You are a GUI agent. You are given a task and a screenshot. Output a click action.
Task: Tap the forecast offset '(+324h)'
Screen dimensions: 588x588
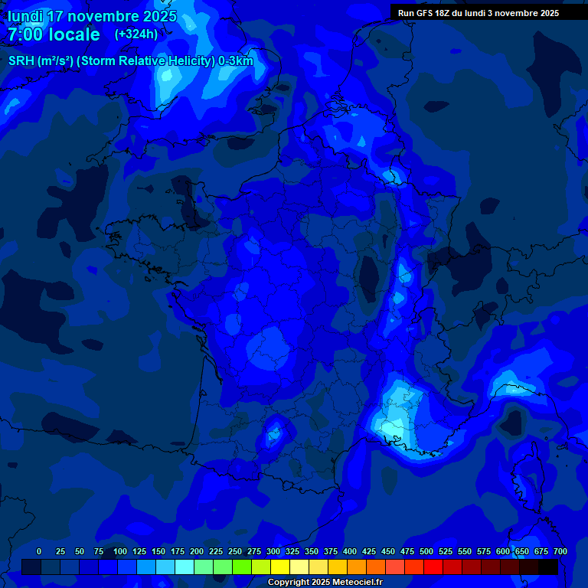click(x=136, y=34)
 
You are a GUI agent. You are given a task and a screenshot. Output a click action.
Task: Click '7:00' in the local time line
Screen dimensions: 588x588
click(x=24, y=34)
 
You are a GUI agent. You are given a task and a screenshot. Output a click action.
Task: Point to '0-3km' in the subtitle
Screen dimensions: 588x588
click(x=236, y=61)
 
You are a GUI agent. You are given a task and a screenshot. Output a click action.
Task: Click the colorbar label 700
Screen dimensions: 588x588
click(x=560, y=551)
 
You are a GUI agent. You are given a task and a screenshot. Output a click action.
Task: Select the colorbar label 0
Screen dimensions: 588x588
click(x=39, y=551)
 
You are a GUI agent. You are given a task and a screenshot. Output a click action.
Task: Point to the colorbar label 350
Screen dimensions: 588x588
click(x=312, y=551)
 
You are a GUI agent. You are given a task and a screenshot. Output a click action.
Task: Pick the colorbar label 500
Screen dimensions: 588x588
click(x=426, y=551)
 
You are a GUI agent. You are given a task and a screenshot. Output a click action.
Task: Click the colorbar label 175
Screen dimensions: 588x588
click(x=178, y=551)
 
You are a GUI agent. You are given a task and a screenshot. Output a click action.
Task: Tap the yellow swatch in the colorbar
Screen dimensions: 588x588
click(x=280, y=567)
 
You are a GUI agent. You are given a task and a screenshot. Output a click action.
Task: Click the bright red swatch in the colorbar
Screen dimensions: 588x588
click(x=433, y=567)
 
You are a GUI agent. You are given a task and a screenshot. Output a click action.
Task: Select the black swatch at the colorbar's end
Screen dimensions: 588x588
click(x=548, y=567)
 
